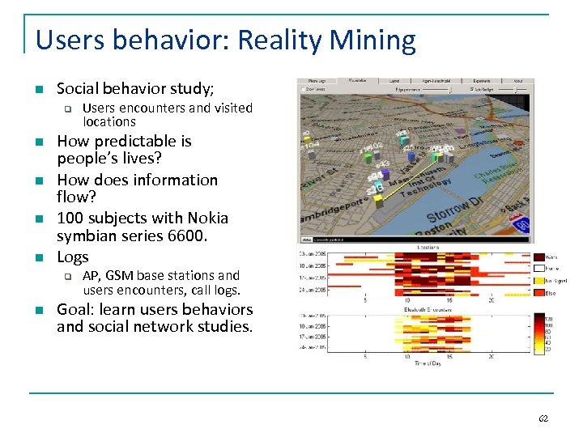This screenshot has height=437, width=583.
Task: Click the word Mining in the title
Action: [377, 40]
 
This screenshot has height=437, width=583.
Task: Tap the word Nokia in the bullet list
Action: [207, 218]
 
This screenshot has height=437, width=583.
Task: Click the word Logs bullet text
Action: [73, 257]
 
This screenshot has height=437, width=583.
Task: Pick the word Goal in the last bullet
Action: [75, 310]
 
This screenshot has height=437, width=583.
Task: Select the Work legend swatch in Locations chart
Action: [540, 258]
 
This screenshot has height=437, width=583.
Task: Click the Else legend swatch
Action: [540, 293]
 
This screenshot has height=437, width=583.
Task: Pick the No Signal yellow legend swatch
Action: [540, 281]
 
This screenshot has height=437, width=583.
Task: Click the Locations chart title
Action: [416, 246]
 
